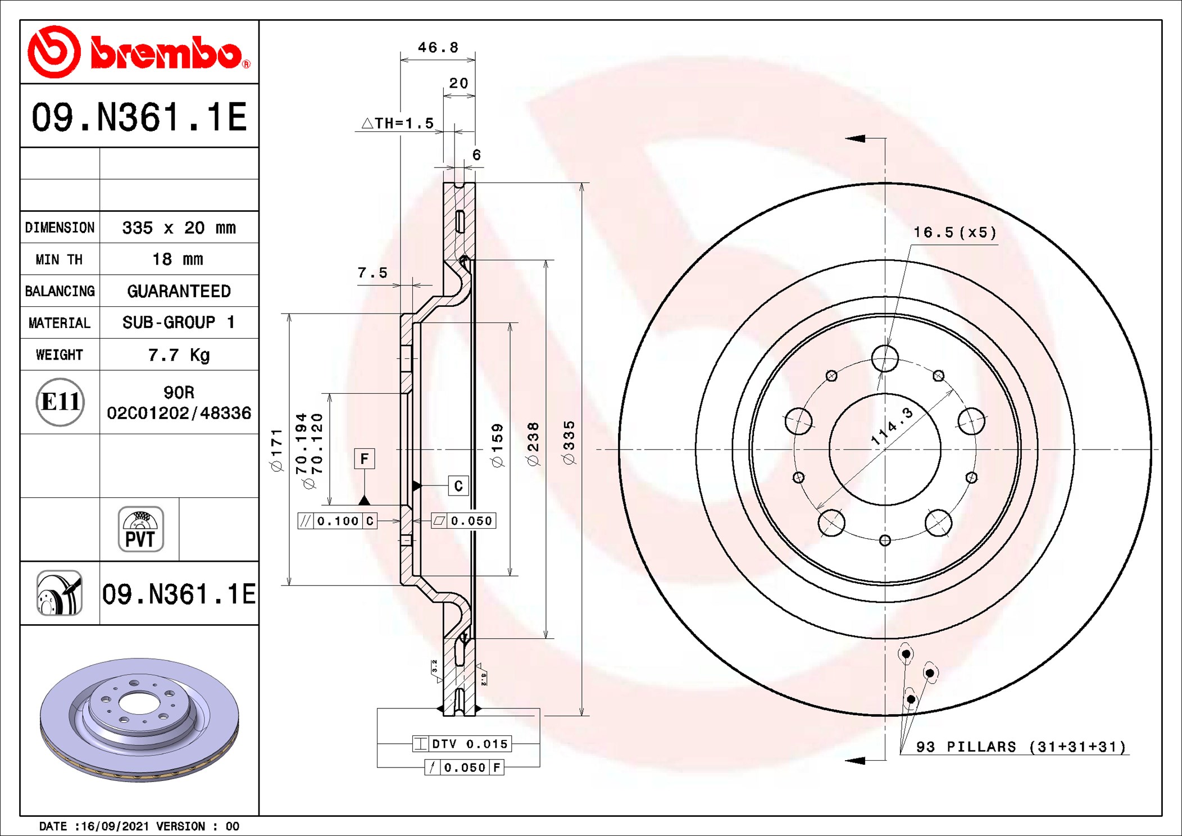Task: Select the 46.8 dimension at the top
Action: click(x=438, y=47)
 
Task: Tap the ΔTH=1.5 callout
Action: click(x=398, y=123)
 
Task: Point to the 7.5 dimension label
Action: click(x=372, y=273)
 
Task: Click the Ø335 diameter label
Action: click(x=569, y=443)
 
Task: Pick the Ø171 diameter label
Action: click(x=276, y=450)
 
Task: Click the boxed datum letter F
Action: click(x=365, y=458)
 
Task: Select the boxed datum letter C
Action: click(x=458, y=485)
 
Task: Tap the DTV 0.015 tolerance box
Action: click(x=462, y=744)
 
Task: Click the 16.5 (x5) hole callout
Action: click(x=954, y=233)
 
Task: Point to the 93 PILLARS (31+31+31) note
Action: click(x=1021, y=747)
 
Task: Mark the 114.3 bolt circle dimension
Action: click(x=892, y=426)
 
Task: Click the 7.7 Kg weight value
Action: click(x=179, y=355)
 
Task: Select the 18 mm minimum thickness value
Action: click(x=178, y=259)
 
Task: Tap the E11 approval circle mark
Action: click(x=60, y=402)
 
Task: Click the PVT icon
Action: click(x=140, y=529)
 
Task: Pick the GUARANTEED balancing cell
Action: click(x=179, y=291)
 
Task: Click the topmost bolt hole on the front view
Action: click(x=885, y=358)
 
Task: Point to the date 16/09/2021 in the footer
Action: click(x=115, y=826)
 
